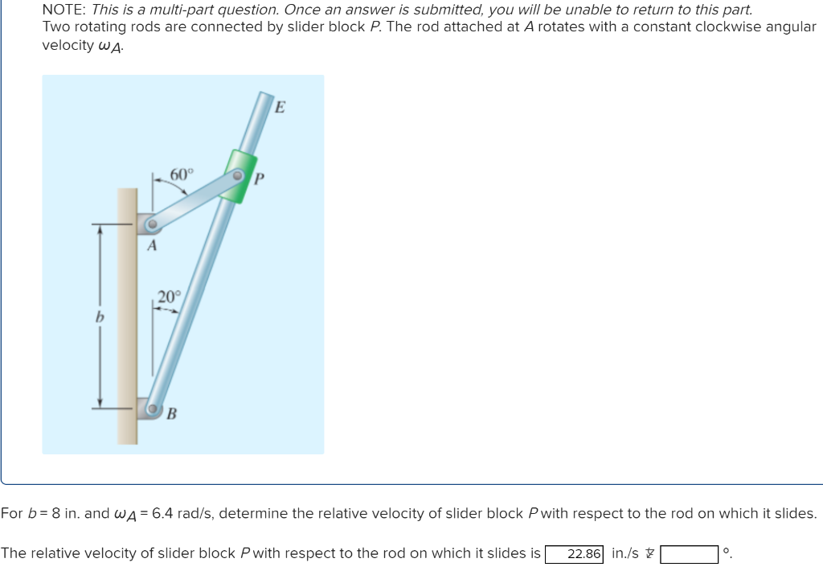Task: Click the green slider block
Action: [240, 176]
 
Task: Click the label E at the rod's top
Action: [280, 106]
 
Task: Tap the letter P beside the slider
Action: [259, 179]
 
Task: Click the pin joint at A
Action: [149, 225]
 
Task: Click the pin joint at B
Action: [152, 410]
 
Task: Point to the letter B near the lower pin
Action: [172, 414]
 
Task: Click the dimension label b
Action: [100, 317]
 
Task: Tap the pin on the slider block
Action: [238, 175]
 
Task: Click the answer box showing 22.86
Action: [575, 554]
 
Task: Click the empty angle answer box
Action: [690, 554]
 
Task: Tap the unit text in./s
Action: [625, 553]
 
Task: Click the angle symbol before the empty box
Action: [650, 553]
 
